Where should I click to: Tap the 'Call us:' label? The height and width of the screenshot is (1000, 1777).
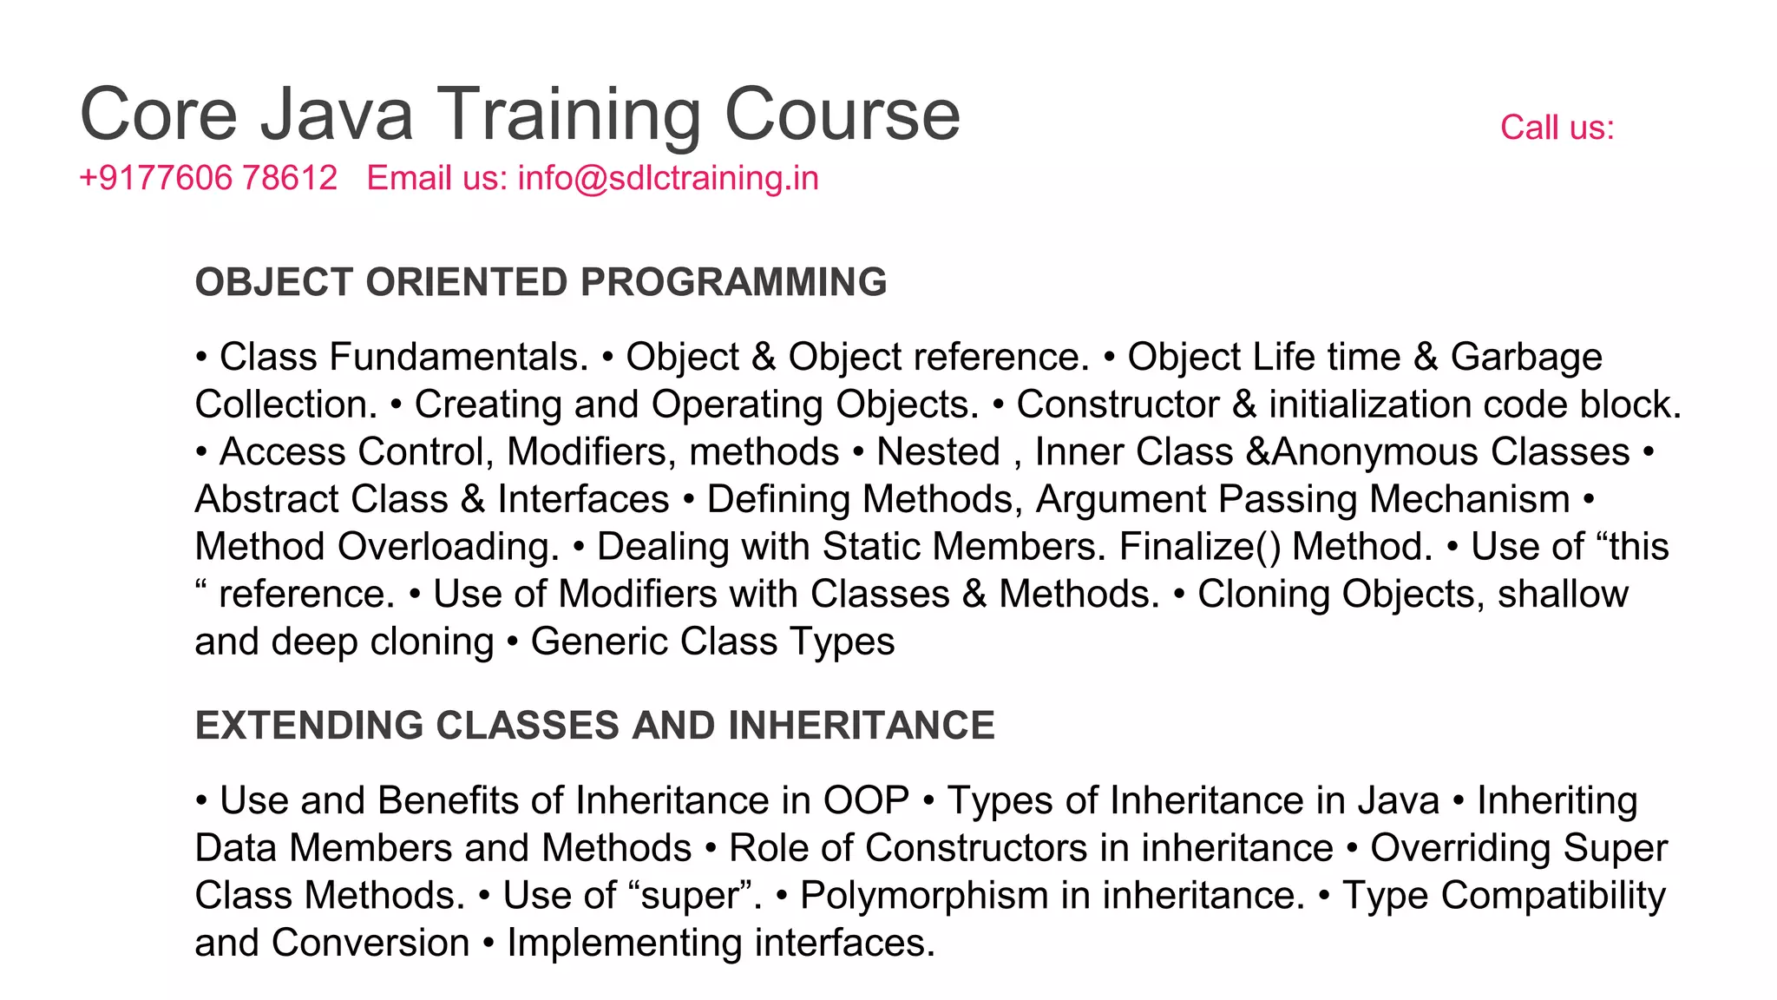(1557, 128)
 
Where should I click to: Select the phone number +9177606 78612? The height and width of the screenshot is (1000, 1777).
(208, 179)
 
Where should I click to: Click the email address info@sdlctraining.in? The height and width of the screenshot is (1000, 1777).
(668, 179)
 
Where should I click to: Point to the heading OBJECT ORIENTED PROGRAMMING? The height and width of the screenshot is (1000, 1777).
(541, 283)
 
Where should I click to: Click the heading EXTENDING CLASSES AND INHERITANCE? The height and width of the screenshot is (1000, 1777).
(594, 726)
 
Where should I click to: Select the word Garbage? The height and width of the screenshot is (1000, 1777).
(1525, 358)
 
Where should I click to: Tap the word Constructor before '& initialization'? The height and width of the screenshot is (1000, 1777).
(1118, 405)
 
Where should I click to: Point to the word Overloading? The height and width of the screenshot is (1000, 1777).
(449, 547)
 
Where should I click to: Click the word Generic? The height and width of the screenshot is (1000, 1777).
(599, 642)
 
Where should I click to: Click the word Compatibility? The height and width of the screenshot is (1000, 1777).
(1553, 896)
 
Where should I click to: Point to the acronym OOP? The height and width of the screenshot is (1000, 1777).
(866, 801)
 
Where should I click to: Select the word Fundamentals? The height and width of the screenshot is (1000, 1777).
(459, 358)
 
